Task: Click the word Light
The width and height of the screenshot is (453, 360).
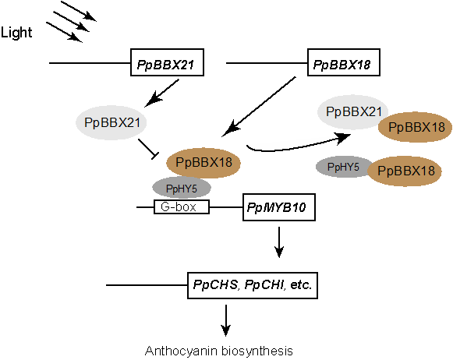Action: click(16, 33)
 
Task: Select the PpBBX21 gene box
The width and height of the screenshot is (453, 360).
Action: click(168, 62)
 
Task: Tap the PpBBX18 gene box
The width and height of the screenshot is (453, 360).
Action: click(344, 62)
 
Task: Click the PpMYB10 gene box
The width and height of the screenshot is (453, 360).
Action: click(279, 207)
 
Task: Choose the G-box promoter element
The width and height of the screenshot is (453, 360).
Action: click(182, 206)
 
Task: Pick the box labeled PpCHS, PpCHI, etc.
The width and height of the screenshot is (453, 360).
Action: click(253, 285)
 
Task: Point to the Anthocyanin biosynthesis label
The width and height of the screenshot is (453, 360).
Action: click(218, 351)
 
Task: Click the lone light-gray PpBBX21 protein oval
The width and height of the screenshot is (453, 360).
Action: click(111, 122)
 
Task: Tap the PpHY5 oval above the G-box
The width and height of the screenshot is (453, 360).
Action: click(182, 188)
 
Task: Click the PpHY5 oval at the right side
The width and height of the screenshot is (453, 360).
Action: click(342, 167)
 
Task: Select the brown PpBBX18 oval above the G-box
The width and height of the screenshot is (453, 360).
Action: click(203, 163)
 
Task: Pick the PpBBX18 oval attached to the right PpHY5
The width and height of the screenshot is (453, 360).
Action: click(405, 171)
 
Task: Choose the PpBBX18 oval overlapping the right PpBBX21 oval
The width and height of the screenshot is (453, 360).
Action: click(416, 127)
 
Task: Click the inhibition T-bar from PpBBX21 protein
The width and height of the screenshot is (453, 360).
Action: click(148, 148)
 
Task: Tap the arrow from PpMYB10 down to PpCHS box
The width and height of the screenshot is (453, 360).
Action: click(279, 242)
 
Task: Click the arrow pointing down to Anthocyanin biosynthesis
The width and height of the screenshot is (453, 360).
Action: click(225, 320)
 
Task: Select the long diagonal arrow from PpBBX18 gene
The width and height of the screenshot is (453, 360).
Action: click(259, 107)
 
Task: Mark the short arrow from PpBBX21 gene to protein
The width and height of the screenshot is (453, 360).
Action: click(162, 93)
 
